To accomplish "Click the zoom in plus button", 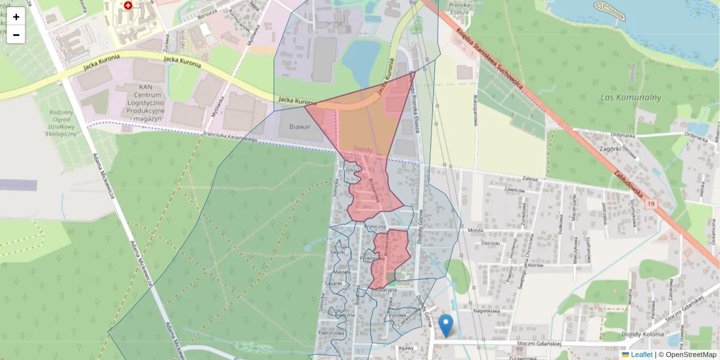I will [x=16, y=17].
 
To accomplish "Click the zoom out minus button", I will [x=16, y=35].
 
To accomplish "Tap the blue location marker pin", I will [x=445, y=325].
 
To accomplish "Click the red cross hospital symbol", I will [x=128, y=5].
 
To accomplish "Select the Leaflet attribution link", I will [x=641, y=355].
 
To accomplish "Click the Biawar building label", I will [x=300, y=127].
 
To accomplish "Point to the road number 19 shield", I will [x=651, y=205].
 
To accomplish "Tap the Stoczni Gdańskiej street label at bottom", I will [x=538, y=344].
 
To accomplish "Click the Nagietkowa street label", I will [x=486, y=311].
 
